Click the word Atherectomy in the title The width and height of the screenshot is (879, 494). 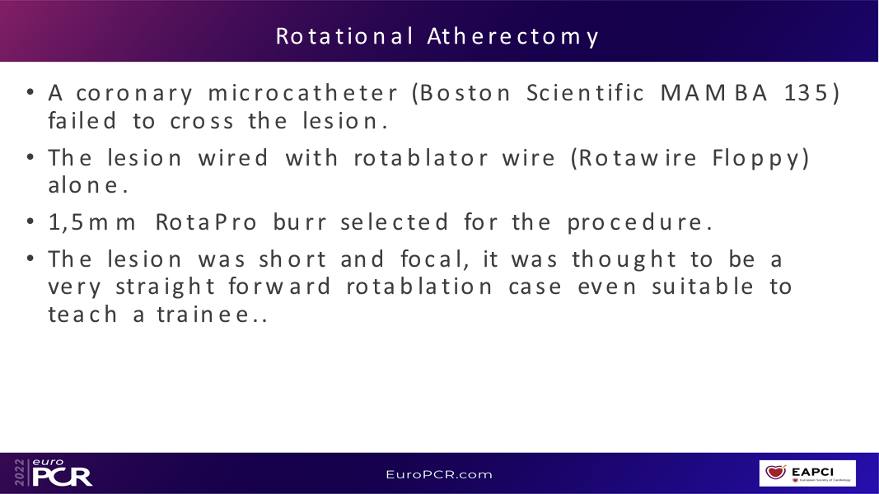click(x=513, y=37)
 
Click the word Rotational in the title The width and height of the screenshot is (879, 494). click(x=344, y=36)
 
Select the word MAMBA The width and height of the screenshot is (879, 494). click(x=713, y=93)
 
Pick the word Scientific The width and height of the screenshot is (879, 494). click(x=585, y=93)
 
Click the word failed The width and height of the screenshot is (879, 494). click(x=82, y=120)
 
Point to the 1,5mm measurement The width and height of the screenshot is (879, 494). click(x=92, y=222)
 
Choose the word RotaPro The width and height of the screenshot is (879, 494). click(x=206, y=222)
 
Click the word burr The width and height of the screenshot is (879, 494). click(x=299, y=222)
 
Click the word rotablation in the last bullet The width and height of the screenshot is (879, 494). click(x=418, y=287)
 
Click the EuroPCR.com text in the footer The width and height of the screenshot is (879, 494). click(x=439, y=474)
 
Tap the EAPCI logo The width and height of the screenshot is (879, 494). click(x=807, y=473)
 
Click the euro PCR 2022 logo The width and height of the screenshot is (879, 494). click(x=54, y=473)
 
